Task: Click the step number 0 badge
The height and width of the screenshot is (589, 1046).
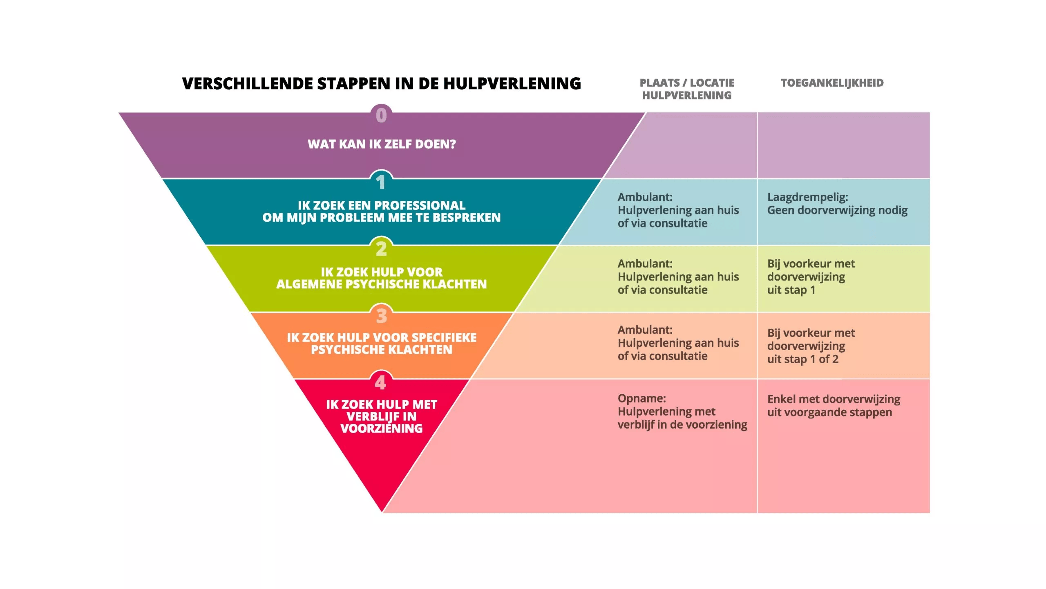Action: click(381, 115)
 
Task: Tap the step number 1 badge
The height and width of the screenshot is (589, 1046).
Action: click(381, 182)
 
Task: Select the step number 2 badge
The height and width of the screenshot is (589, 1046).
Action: click(381, 248)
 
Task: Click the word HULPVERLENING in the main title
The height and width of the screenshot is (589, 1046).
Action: click(512, 83)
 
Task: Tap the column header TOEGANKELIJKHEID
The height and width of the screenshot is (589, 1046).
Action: click(832, 83)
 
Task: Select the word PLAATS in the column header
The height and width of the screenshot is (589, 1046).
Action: click(659, 83)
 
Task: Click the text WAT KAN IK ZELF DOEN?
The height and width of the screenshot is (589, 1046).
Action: click(382, 144)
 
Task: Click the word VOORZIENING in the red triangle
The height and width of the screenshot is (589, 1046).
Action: click(382, 428)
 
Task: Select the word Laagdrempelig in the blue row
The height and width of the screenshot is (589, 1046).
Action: click(806, 197)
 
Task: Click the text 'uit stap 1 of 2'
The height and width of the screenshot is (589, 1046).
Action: click(802, 359)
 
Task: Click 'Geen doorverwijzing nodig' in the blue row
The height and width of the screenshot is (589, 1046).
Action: click(837, 210)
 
